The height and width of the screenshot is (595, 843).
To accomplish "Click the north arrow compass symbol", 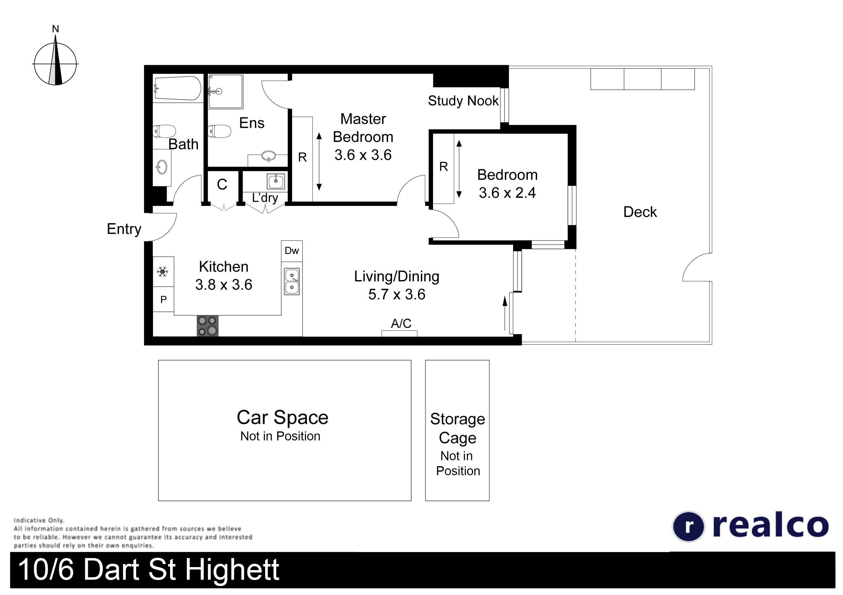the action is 55,63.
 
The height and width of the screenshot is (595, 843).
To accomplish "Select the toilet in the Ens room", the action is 219,131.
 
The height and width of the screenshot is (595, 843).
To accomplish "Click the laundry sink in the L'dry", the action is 276,182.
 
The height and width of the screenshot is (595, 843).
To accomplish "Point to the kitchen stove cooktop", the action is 208,326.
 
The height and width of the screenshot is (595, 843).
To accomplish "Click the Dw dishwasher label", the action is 292,251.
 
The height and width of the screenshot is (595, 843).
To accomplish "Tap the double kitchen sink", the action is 292,282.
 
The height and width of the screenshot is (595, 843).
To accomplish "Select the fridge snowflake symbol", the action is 163,272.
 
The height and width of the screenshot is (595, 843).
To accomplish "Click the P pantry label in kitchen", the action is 163,300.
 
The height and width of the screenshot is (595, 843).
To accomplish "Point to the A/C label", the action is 401,323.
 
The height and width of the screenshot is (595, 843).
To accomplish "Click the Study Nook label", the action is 463,101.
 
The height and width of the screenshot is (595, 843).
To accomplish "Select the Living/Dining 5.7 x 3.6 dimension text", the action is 397,294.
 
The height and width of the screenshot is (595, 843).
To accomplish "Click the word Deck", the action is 640,212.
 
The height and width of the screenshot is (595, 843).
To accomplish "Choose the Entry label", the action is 124,229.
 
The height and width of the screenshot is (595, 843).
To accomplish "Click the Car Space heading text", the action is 282,418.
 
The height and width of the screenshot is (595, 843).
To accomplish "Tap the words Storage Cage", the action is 457,428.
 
